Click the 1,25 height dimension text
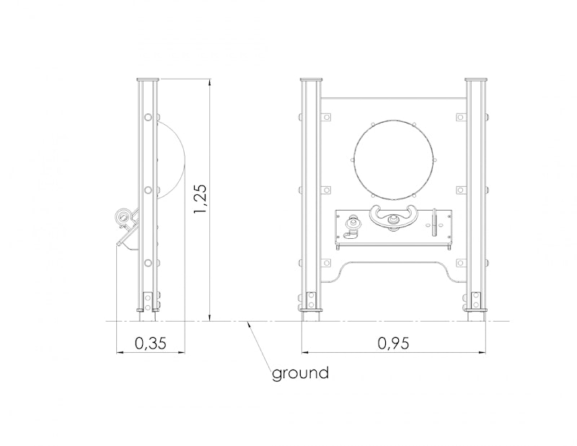(x=201, y=199)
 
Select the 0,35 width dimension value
(x=151, y=344)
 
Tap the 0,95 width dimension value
(x=393, y=344)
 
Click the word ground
(x=300, y=373)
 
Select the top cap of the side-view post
(x=148, y=79)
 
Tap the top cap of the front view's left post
(x=312, y=79)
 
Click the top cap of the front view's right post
(x=476, y=79)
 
